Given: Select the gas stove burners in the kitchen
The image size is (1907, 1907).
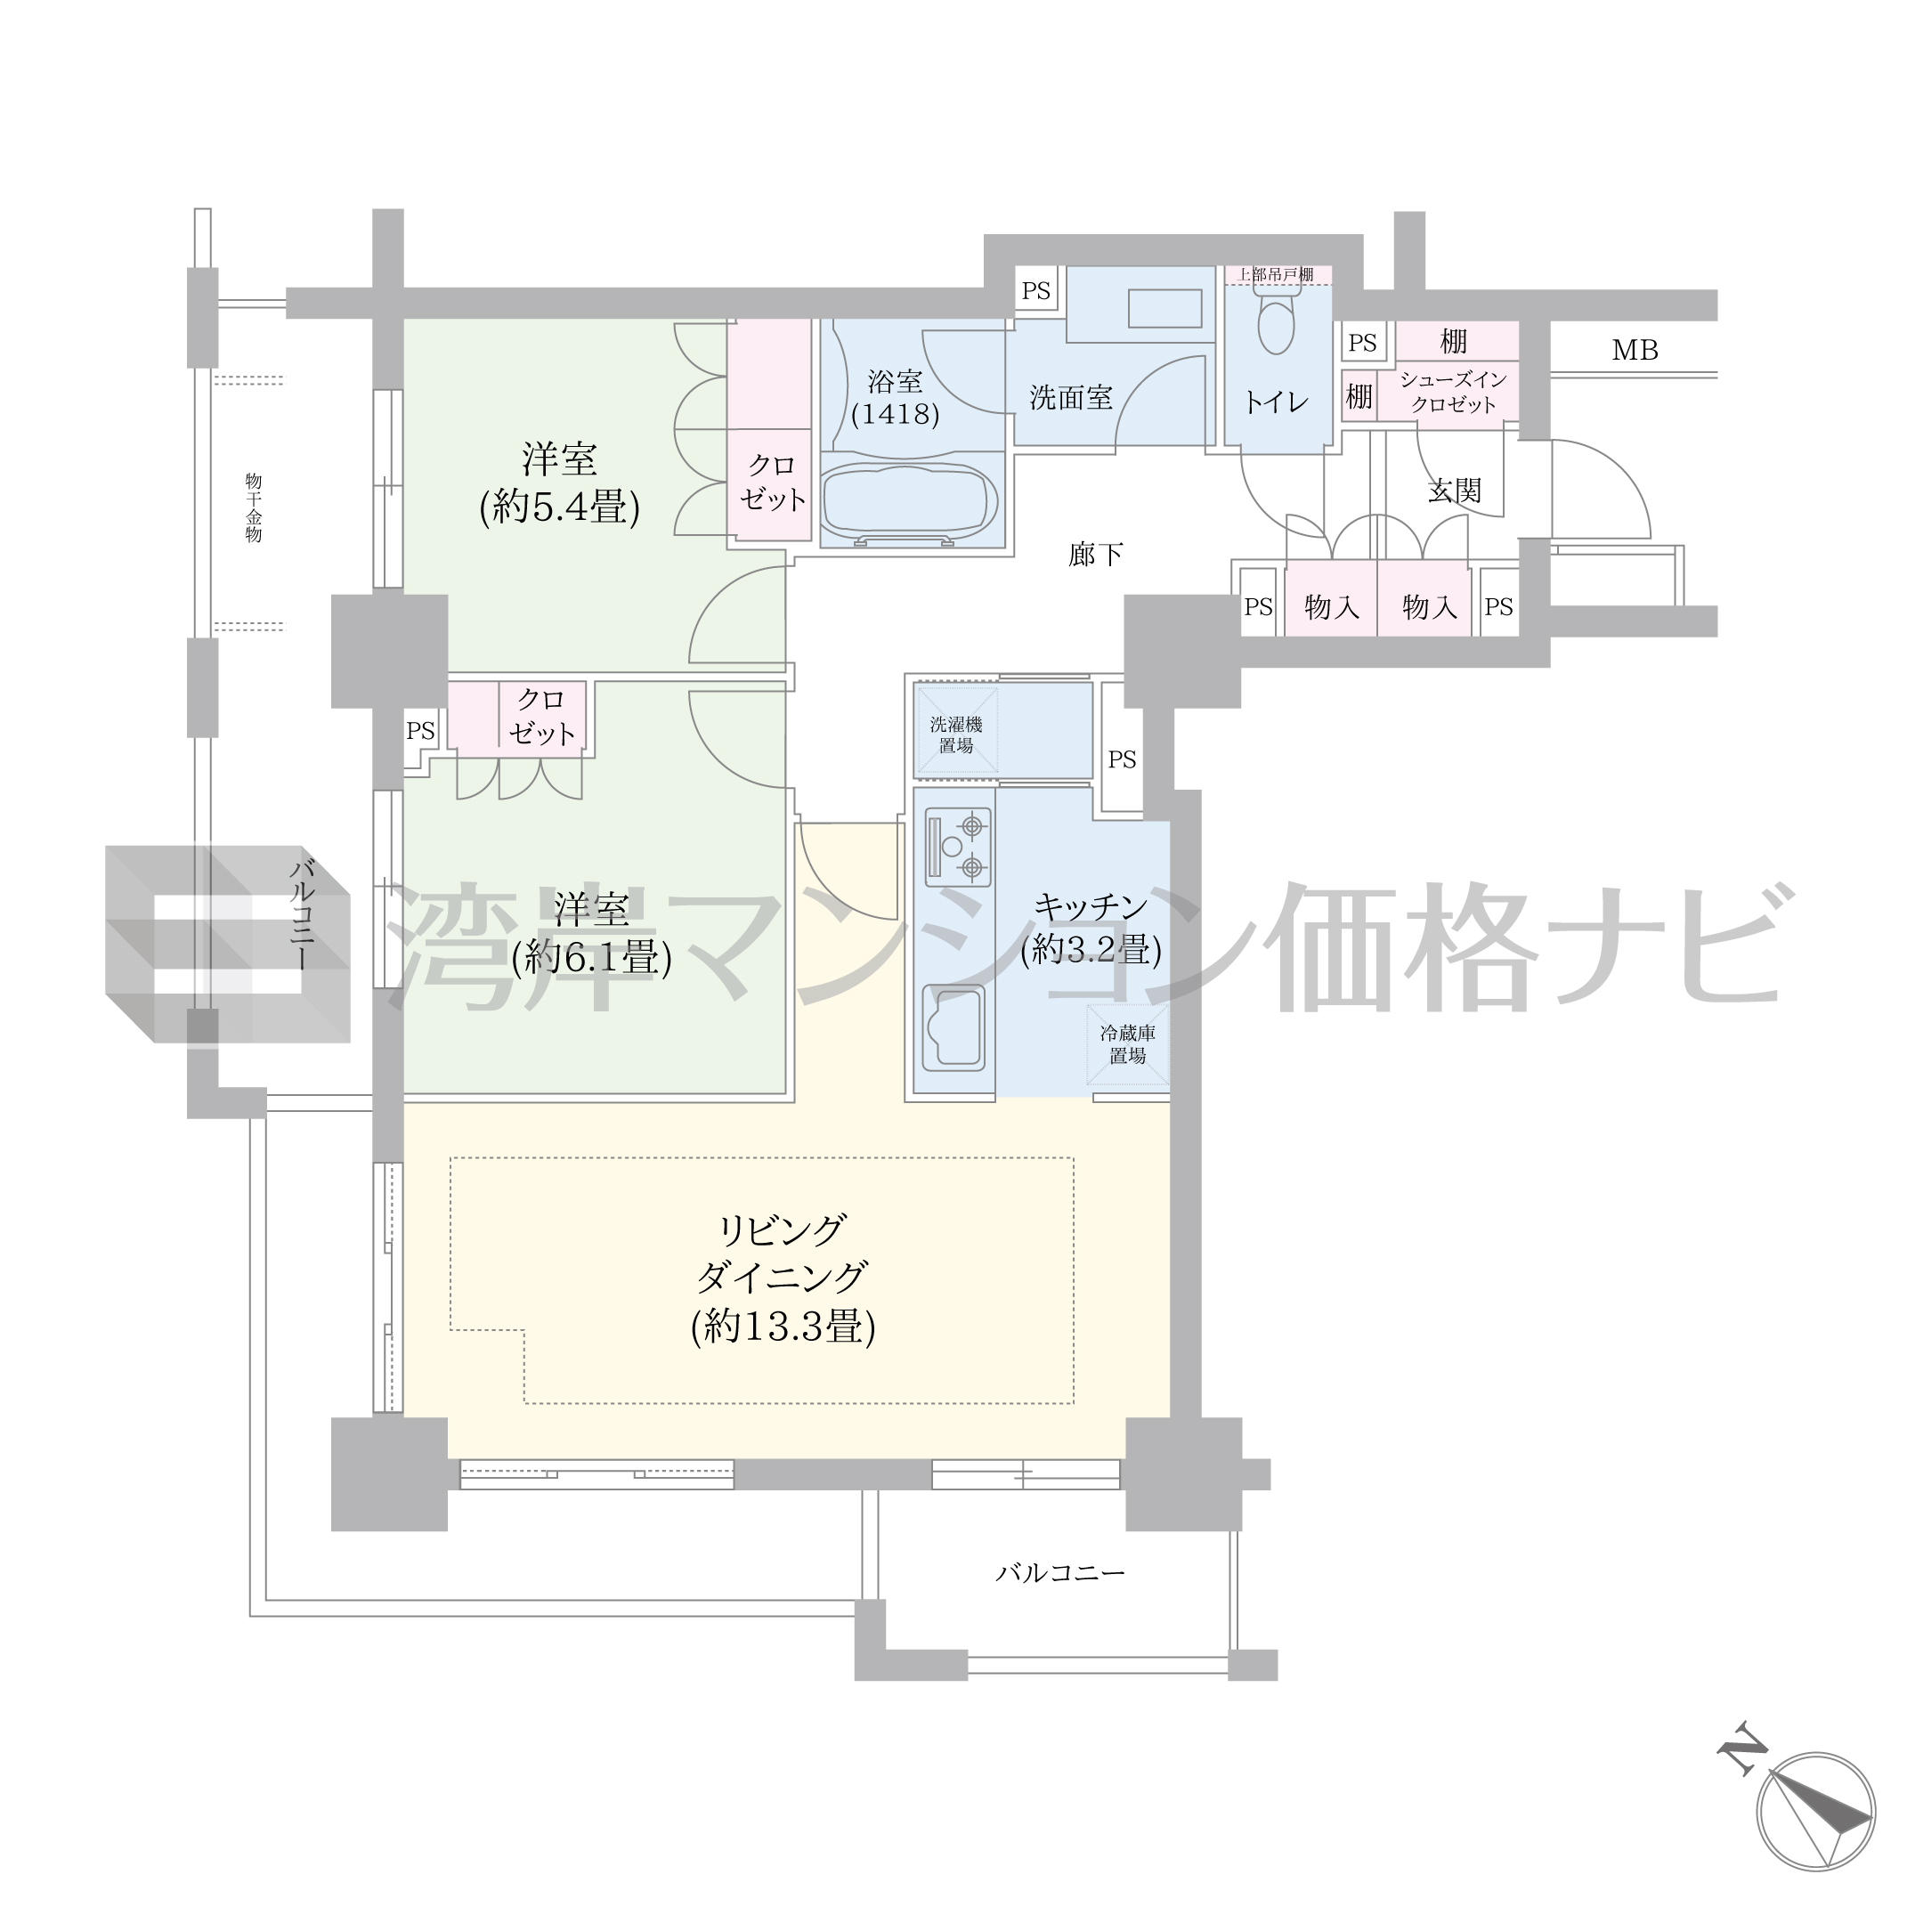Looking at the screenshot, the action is coord(957,846).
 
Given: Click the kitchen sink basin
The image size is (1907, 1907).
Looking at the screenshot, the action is coord(953,1027).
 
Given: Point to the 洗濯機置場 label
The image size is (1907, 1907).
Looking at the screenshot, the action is coord(955,734).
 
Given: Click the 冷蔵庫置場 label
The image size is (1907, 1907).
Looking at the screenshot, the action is coord(1127,1044).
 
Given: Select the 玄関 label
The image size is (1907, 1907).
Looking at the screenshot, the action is coord(1455,491).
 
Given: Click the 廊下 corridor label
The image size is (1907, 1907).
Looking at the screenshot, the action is coord(1096,554).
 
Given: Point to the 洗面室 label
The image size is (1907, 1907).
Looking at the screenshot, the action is coord(1070,398).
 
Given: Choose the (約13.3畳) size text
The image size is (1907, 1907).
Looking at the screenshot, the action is coord(783,1327).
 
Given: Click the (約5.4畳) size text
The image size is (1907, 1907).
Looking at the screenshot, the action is coord(560,507).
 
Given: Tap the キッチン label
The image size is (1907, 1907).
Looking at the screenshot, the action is coord(1091,905).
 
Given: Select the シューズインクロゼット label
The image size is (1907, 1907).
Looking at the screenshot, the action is coord(1453,392).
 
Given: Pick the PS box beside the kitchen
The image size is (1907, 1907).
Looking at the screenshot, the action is coord(1121,759).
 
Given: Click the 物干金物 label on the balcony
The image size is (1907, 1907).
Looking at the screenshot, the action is coord(254,507).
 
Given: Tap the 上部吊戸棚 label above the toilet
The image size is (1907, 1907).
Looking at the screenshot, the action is coord(1277,274).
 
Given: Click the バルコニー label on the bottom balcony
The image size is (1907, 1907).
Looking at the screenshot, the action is coord(1060,1572).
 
